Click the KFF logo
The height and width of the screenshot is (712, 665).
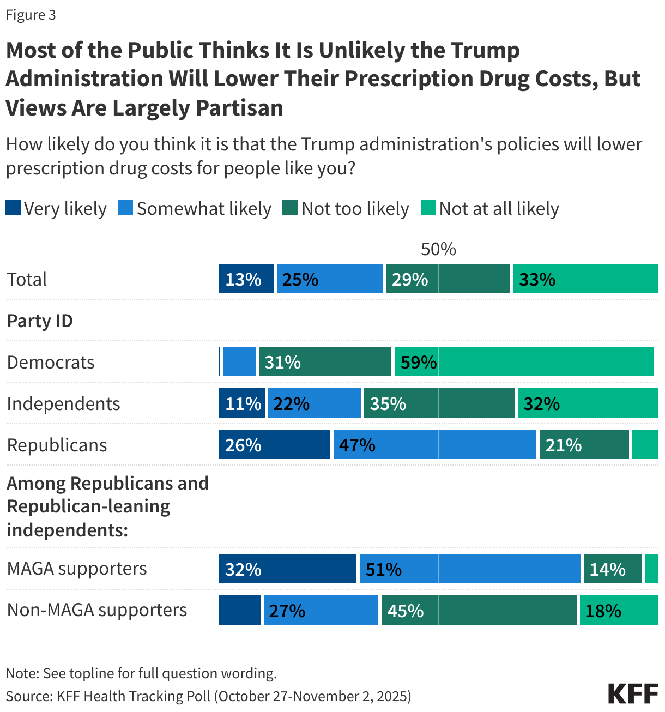click(632, 693)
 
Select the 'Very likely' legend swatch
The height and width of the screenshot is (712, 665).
click(13, 208)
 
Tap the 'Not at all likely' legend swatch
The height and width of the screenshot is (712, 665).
click(428, 208)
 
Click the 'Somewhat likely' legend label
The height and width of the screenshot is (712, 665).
click(204, 209)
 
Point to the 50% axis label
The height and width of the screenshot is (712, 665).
click(438, 249)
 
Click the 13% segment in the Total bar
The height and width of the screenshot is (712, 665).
click(246, 279)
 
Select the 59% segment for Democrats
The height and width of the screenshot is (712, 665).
click(524, 362)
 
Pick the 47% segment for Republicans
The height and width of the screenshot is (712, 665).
click(434, 445)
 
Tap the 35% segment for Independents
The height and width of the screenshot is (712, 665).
click(439, 403)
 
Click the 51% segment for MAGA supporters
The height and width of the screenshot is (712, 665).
click(470, 569)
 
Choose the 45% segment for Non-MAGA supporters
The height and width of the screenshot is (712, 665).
click(479, 610)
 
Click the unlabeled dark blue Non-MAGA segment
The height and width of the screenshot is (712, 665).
click(239, 610)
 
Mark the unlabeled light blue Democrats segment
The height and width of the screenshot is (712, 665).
click(239, 362)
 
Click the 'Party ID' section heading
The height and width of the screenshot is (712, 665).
click(40, 321)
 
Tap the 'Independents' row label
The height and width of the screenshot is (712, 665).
click(63, 404)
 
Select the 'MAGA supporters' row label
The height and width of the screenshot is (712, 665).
click(77, 569)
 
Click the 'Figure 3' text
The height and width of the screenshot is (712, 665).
click(31, 15)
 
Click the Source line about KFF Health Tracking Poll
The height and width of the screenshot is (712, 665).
click(208, 696)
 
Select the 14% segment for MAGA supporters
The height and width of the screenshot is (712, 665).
click(613, 569)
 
